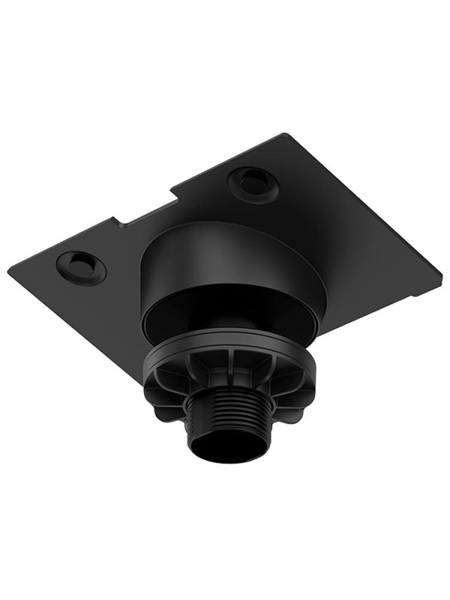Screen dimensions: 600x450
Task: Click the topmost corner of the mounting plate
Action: [x=286, y=135]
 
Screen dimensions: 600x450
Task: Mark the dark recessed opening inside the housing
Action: [x=225, y=322]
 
